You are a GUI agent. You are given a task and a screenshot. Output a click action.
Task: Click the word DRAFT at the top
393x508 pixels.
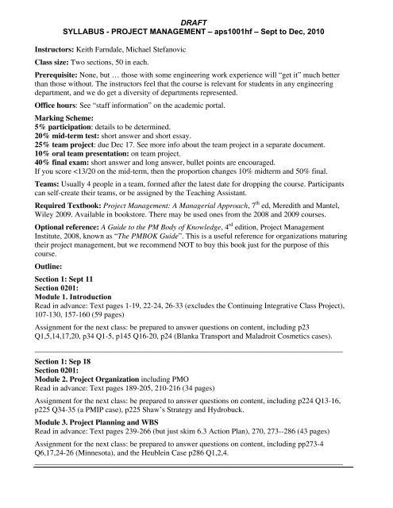click(x=196, y=6)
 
